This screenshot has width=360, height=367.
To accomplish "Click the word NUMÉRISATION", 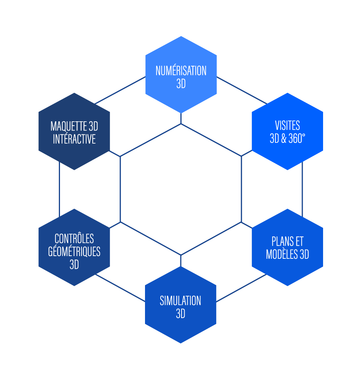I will pos(181,71).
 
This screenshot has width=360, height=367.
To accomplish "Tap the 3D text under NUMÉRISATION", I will pos(181,84).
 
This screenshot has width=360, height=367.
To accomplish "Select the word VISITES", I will pos(287,126).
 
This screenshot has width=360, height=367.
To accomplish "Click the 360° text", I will pos(297,139).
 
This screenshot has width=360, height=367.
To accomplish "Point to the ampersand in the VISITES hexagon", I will pos(284,139).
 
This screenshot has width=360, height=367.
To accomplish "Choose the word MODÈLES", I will pos(282,255).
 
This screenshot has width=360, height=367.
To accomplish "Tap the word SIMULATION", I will pos(180,300).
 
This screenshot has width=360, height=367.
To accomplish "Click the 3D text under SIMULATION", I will pos(180,314).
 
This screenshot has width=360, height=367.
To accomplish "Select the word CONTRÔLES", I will pos(74,238).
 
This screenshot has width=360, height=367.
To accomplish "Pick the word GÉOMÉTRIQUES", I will pos(74,251).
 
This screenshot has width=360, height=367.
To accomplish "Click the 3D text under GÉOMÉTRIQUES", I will pos(74,265).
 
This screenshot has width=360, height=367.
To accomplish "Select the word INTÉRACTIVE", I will pos(74,139).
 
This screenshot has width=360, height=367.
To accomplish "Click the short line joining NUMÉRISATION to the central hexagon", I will pos(181,118).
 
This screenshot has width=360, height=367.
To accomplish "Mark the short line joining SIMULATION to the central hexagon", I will pos(181,261).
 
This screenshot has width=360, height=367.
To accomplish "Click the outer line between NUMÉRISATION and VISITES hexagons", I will pos(242,90).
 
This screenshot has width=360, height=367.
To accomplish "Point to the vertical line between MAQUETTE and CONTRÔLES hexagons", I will pos(60,189).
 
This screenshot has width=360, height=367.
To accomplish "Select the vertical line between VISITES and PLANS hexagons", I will pos(302,189).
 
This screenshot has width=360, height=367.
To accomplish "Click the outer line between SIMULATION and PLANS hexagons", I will pos(241,288).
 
